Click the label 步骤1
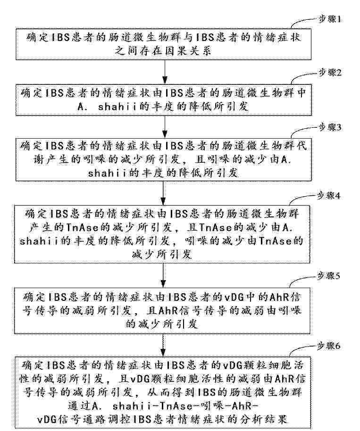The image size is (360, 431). point(329,19)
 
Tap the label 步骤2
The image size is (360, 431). point(330,73)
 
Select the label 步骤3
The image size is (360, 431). point(330,127)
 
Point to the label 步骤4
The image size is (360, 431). point(329,196)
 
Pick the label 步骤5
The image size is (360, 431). point(329,276)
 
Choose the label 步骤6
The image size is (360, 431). point(329,346)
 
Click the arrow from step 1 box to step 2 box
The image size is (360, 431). point(165,72)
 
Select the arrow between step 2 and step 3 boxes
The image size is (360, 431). point(165,126)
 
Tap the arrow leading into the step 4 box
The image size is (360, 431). point(163,193)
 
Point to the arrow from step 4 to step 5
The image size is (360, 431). point(163,275)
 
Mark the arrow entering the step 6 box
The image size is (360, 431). point(163,345)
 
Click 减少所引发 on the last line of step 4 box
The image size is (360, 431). point(162,254)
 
